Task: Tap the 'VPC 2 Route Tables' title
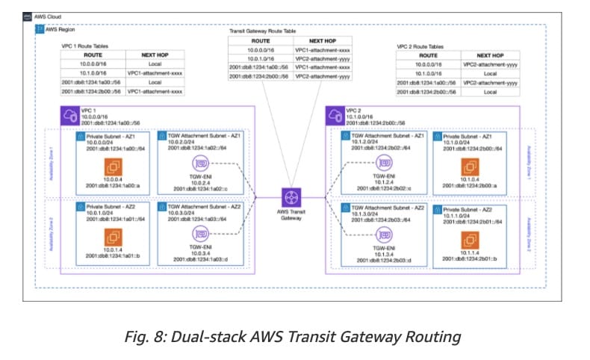(x=422, y=46)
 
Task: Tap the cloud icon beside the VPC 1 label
(x=69, y=116)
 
